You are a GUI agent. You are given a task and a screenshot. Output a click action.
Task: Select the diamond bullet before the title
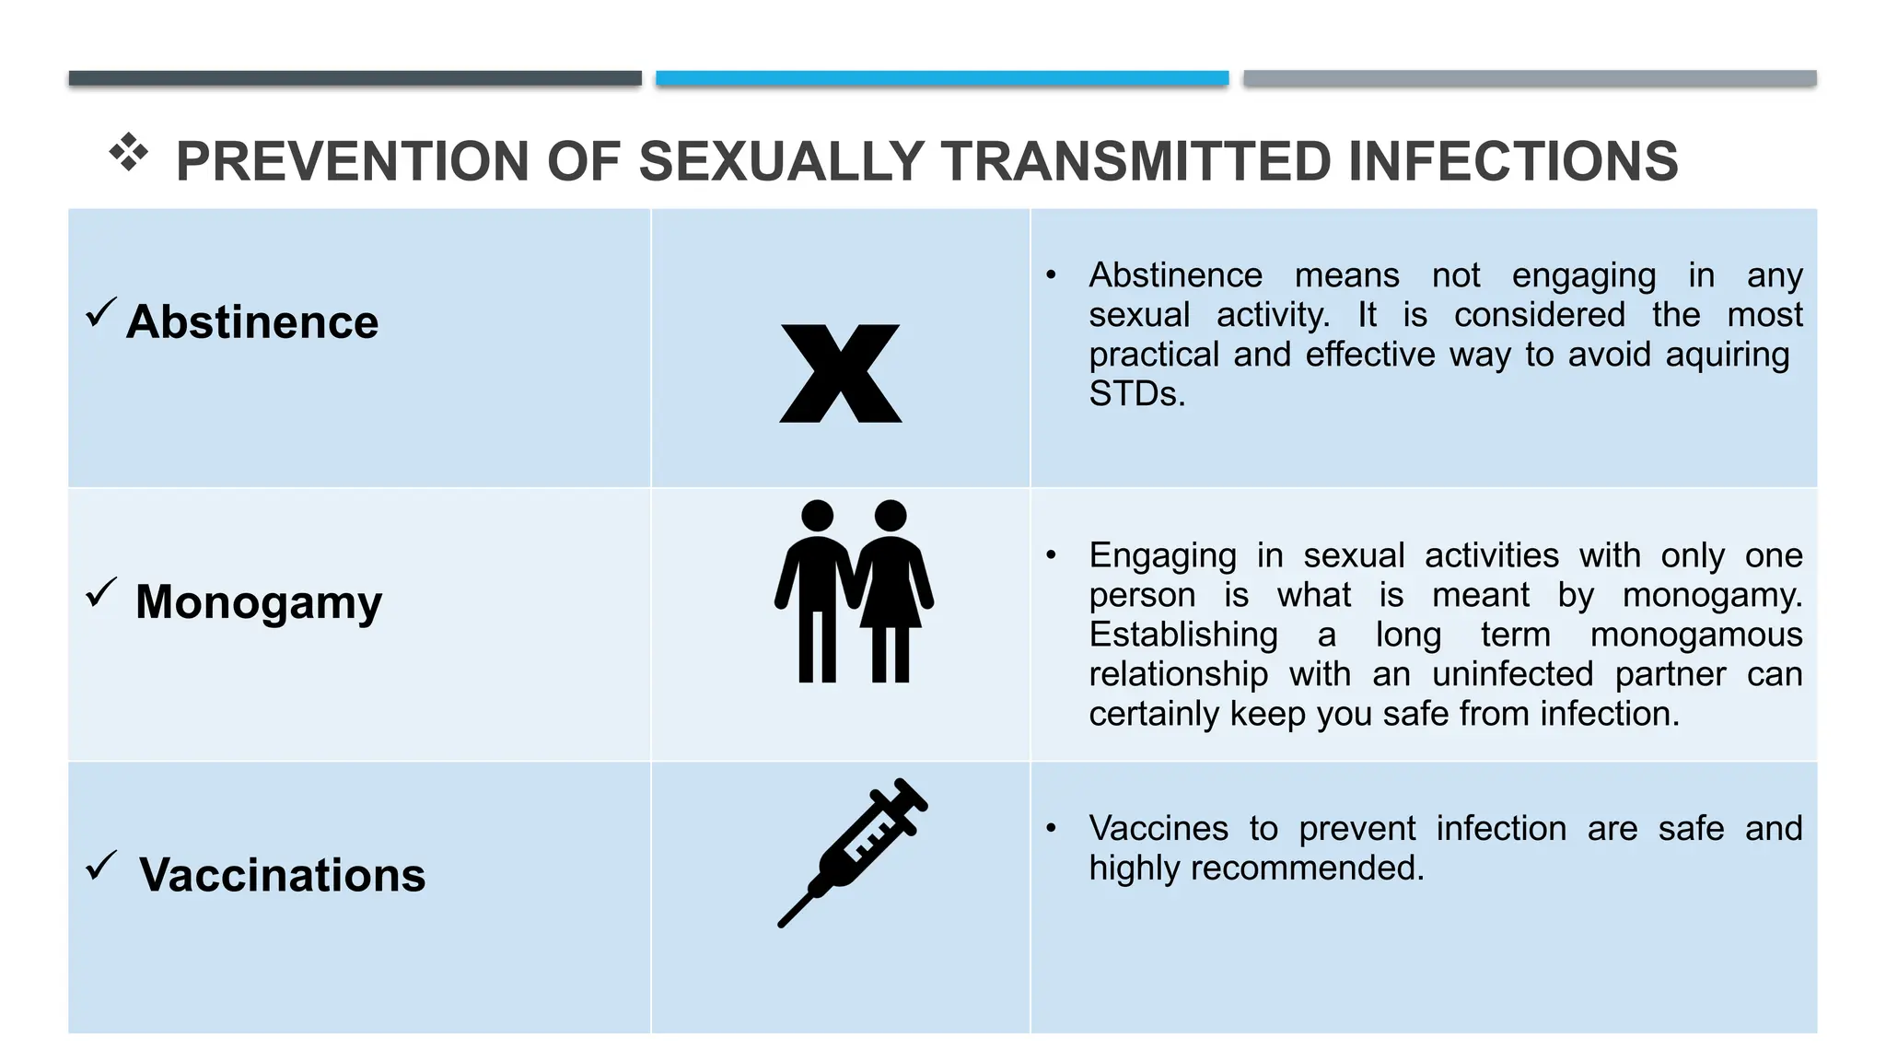129,152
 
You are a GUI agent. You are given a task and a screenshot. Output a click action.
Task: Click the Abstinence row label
252,322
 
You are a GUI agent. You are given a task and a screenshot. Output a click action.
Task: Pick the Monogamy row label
259,602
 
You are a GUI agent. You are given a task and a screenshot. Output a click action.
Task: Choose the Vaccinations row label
282,875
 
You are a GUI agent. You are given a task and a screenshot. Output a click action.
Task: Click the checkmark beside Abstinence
100,312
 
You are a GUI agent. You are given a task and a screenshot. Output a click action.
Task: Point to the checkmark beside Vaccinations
100,865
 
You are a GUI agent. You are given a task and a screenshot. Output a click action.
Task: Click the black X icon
841,373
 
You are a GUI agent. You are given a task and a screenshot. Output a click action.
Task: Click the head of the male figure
817,516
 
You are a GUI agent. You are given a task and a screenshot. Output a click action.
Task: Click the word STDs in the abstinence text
1135,394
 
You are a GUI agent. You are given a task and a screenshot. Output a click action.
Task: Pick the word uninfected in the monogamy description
1512,674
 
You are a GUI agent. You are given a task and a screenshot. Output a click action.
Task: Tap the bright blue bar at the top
942,78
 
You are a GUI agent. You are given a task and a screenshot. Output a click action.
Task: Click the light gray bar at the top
1530,78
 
